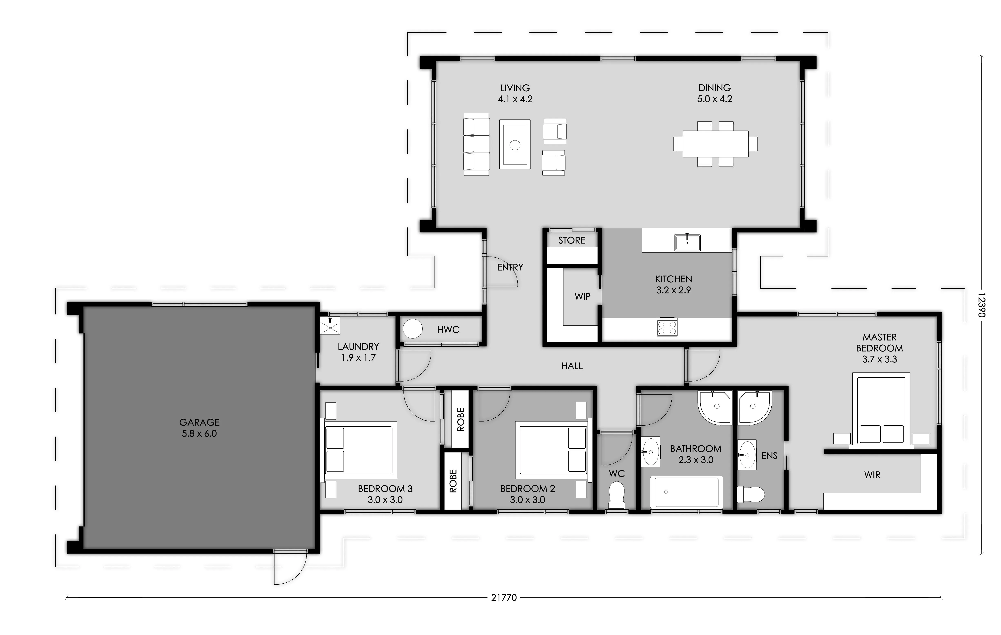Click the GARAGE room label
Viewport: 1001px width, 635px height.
tap(199, 422)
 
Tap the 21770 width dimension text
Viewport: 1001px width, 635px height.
tap(504, 598)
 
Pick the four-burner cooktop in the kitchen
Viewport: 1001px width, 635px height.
tap(667, 327)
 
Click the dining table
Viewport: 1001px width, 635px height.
tap(715, 144)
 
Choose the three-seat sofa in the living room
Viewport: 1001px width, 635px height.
tap(476, 144)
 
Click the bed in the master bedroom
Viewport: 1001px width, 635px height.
tap(881, 410)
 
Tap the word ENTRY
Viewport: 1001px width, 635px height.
tap(510, 268)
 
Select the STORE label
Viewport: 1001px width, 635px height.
tap(572, 240)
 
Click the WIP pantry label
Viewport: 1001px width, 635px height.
tap(582, 296)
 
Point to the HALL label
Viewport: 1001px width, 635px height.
tap(572, 366)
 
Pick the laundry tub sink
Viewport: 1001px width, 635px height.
tap(330, 326)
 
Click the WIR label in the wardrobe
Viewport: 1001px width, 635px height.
tap(872, 475)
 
